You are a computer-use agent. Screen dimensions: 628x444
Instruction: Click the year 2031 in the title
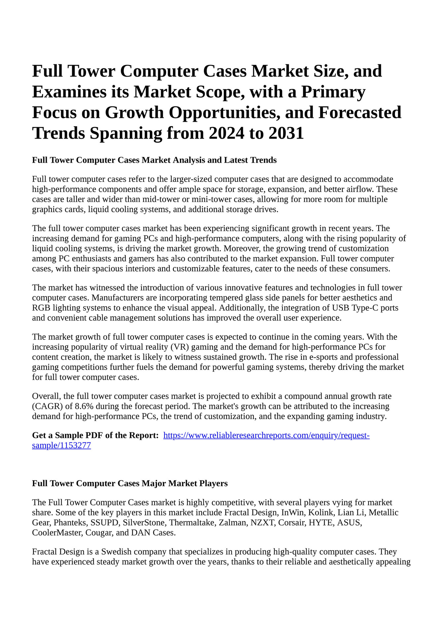point(286,133)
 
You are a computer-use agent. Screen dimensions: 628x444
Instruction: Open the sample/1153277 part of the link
point(61,446)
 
